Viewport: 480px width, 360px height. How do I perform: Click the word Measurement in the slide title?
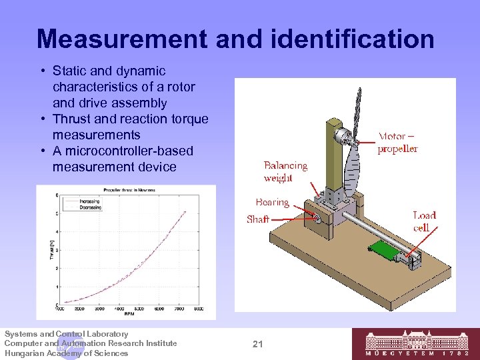tap(121, 39)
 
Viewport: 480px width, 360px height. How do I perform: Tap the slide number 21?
tap(259, 344)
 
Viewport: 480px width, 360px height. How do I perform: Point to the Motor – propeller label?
tap(398, 143)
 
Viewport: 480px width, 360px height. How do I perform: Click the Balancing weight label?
tap(285, 171)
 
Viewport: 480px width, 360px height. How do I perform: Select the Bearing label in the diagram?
tap(272, 202)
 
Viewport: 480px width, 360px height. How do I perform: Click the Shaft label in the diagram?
tap(258, 219)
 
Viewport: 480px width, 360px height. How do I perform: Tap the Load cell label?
tap(424, 221)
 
